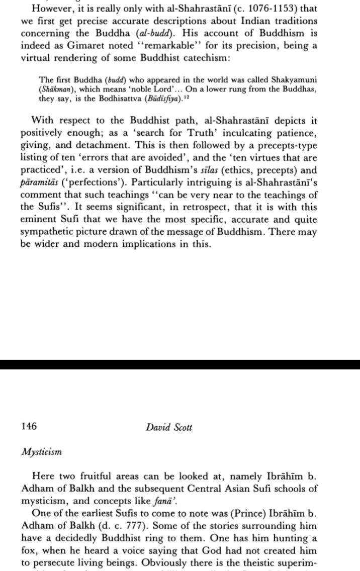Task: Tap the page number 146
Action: (x=29, y=427)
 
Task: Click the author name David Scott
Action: (x=169, y=427)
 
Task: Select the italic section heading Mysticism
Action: (x=42, y=451)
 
